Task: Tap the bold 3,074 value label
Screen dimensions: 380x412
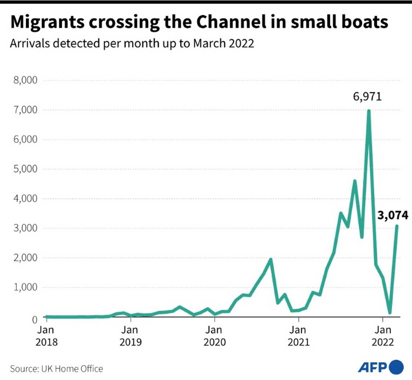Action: click(x=393, y=215)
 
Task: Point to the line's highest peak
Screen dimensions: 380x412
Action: click(x=369, y=110)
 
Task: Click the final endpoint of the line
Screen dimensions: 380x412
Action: click(x=397, y=226)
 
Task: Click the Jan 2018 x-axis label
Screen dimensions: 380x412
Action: click(x=46, y=336)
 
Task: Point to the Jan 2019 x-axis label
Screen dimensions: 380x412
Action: click(x=131, y=336)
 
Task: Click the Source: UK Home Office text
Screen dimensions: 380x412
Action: click(x=56, y=368)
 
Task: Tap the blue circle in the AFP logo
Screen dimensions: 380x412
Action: click(x=396, y=367)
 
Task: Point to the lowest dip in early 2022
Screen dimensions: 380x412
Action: click(x=390, y=313)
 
